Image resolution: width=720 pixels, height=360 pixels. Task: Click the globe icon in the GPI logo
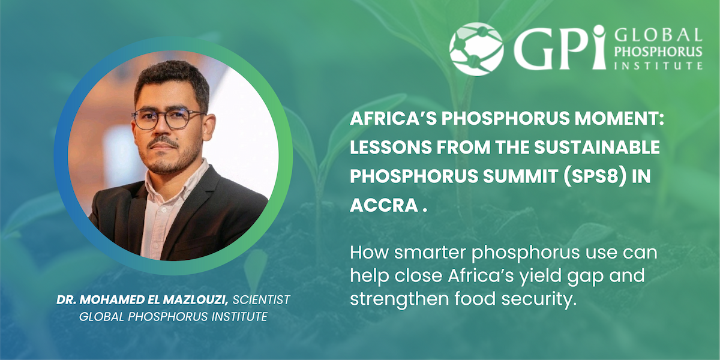(x=476, y=49)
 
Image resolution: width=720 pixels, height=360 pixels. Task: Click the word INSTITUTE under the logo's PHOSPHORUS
(x=658, y=66)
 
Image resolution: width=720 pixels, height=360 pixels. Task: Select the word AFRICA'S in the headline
(x=393, y=118)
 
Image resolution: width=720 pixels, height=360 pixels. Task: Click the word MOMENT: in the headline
(x=619, y=118)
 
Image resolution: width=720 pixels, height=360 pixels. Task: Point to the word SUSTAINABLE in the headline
(x=597, y=147)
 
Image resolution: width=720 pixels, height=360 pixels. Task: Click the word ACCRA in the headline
(x=384, y=205)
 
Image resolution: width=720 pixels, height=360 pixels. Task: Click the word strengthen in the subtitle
(x=399, y=299)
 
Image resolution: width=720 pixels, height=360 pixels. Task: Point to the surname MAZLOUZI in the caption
(x=196, y=300)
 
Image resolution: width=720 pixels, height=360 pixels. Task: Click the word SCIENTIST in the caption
(x=262, y=300)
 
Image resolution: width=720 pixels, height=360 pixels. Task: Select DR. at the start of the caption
(x=66, y=300)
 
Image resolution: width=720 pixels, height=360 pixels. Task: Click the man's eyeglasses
(x=167, y=119)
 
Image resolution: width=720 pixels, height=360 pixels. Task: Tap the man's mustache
(x=163, y=142)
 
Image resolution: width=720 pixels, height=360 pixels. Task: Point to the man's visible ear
(x=208, y=128)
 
